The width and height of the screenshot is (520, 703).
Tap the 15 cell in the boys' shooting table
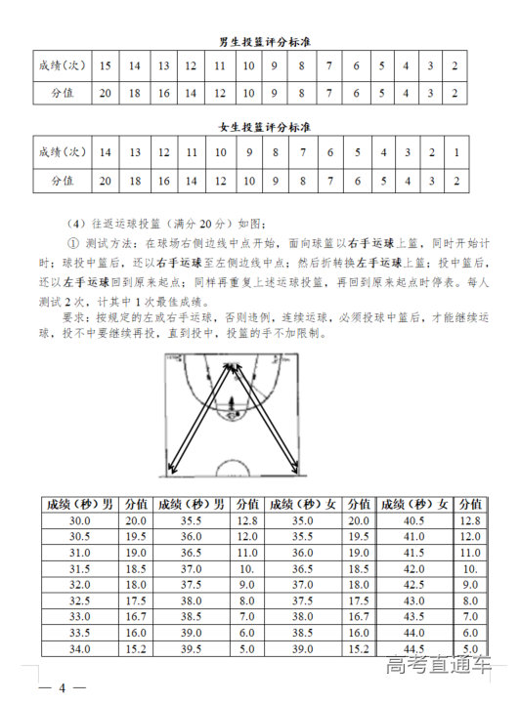106,65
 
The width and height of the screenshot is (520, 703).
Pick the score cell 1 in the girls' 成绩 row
455,152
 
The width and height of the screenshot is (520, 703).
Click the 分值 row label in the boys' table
62,94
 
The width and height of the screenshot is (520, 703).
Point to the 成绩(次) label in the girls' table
62,152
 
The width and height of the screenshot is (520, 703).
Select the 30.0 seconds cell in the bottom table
80,521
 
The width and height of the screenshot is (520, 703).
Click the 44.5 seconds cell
413,649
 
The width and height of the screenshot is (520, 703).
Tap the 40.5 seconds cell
413,521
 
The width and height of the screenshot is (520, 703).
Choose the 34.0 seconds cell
80,649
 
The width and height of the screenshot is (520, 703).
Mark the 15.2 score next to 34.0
136,649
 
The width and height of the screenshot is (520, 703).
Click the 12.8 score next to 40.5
470,521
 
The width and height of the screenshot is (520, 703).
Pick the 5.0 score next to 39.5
247,649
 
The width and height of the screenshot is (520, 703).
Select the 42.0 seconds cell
413,569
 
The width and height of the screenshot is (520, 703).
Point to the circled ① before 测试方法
72,243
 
